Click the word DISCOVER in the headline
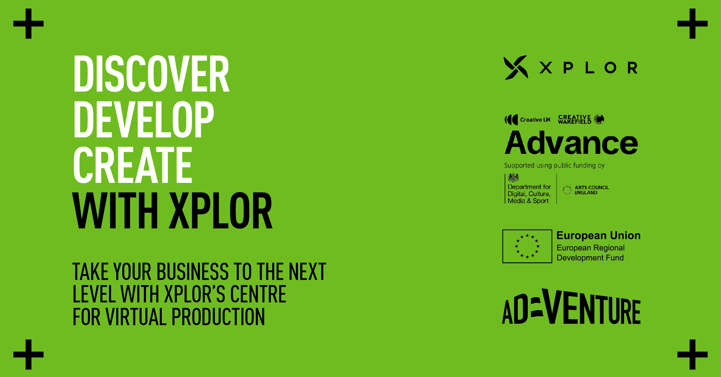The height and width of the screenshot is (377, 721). tap(151, 74)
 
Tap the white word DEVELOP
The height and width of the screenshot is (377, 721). tap(144, 119)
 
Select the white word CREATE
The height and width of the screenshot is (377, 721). tap(133, 165)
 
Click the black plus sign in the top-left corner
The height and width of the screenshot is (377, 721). tap(28, 24)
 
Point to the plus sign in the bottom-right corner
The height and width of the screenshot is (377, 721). tap(692, 355)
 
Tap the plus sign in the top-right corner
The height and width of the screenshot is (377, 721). tap(692, 24)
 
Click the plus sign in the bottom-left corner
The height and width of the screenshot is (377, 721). tap(28, 355)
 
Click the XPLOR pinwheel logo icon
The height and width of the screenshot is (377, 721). tap(516, 67)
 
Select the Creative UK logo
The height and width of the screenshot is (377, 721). tap(527, 120)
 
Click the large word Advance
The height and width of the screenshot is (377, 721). tap(571, 143)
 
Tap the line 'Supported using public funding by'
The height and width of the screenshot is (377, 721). tap(554, 165)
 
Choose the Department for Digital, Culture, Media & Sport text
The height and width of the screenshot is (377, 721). tap(529, 194)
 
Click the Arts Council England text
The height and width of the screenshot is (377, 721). tap(592, 190)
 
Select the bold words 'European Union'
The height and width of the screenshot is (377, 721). tap(598, 236)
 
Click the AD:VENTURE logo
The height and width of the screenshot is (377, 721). tap(571, 306)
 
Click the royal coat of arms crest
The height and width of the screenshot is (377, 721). tap(513, 177)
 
